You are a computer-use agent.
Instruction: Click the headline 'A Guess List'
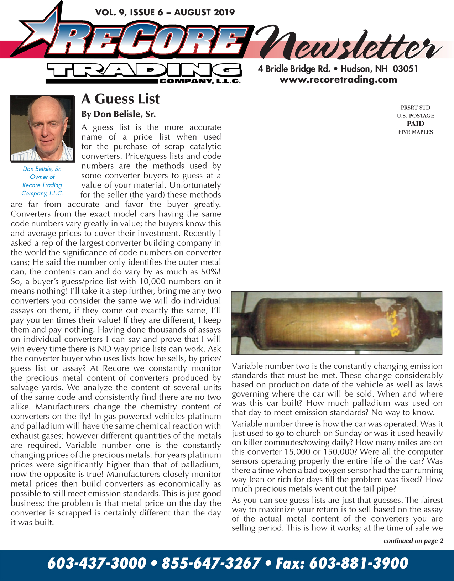120,99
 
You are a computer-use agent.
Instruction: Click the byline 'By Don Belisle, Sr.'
118,114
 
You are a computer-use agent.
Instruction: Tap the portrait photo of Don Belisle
42,128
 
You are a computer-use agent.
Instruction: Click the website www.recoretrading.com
338,80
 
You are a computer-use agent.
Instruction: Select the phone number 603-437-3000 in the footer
96,564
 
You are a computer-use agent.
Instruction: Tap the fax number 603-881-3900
358,564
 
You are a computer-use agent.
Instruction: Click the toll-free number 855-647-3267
211,564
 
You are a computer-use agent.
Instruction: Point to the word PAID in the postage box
415,124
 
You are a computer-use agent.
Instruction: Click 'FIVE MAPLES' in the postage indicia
415,132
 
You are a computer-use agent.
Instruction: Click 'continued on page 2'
413,541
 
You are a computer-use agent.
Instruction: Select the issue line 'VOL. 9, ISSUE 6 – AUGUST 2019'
165,13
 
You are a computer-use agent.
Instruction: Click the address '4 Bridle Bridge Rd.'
294,69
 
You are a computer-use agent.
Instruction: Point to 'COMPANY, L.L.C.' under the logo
200,82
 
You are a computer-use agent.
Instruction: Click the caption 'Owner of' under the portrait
42,177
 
